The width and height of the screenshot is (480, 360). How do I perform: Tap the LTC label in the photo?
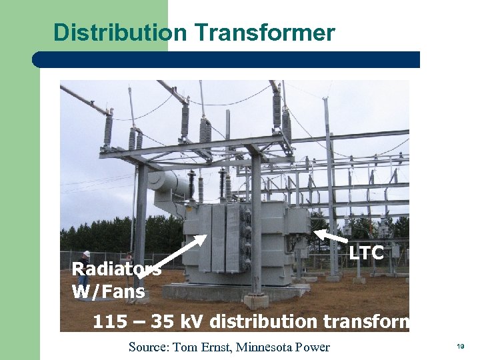click(x=367, y=253)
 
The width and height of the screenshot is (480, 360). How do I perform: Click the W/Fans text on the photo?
click(x=108, y=291)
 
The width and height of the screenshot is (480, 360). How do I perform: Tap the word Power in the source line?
click(x=313, y=347)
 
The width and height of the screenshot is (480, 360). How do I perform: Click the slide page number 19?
click(x=461, y=347)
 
